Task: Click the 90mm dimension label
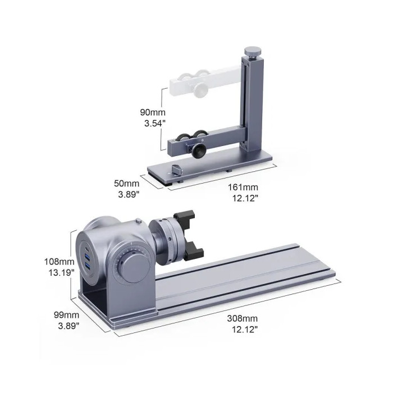pyautogui.click(x=153, y=112)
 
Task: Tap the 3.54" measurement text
pyautogui.click(x=155, y=124)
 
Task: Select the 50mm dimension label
pyautogui.click(x=126, y=183)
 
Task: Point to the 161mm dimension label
pyautogui.click(x=243, y=187)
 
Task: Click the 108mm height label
pyautogui.click(x=60, y=262)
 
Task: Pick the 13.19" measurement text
pyautogui.click(x=61, y=272)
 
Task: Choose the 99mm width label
pyautogui.click(x=66, y=315)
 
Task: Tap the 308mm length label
pyautogui.click(x=243, y=318)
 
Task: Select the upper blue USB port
pyautogui.click(x=88, y=257)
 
